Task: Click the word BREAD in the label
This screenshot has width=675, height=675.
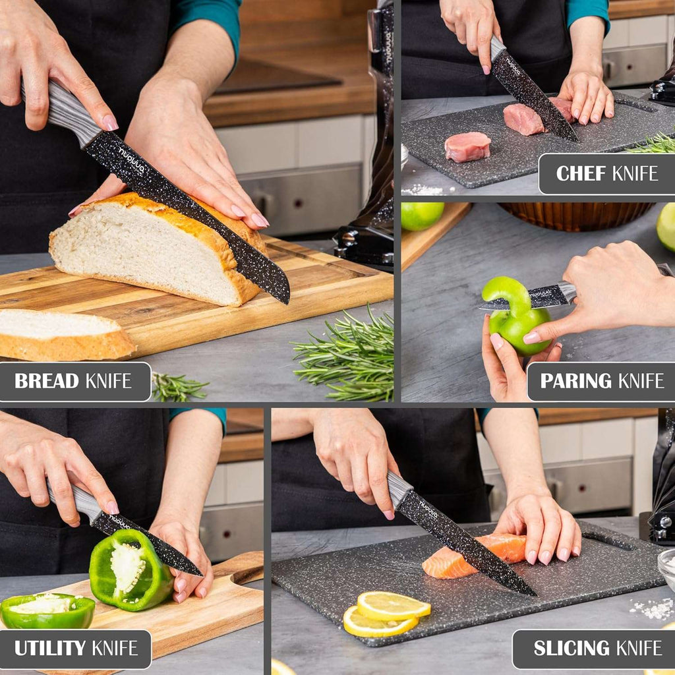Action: (48, 381)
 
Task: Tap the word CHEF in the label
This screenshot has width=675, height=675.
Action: (581, 173)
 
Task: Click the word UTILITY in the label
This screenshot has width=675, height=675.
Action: (50, 649)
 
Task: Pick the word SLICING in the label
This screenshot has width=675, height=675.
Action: (571, 649)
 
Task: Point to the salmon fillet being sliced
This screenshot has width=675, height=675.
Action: (475, 556)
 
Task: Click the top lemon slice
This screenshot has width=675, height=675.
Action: (393, 604)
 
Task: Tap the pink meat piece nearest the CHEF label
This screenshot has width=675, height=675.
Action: (467, 146)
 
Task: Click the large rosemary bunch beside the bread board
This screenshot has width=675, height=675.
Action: (349, 356)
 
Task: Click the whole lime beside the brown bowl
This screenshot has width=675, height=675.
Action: (422, 215)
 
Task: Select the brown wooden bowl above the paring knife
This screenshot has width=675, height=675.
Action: (575, 215)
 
